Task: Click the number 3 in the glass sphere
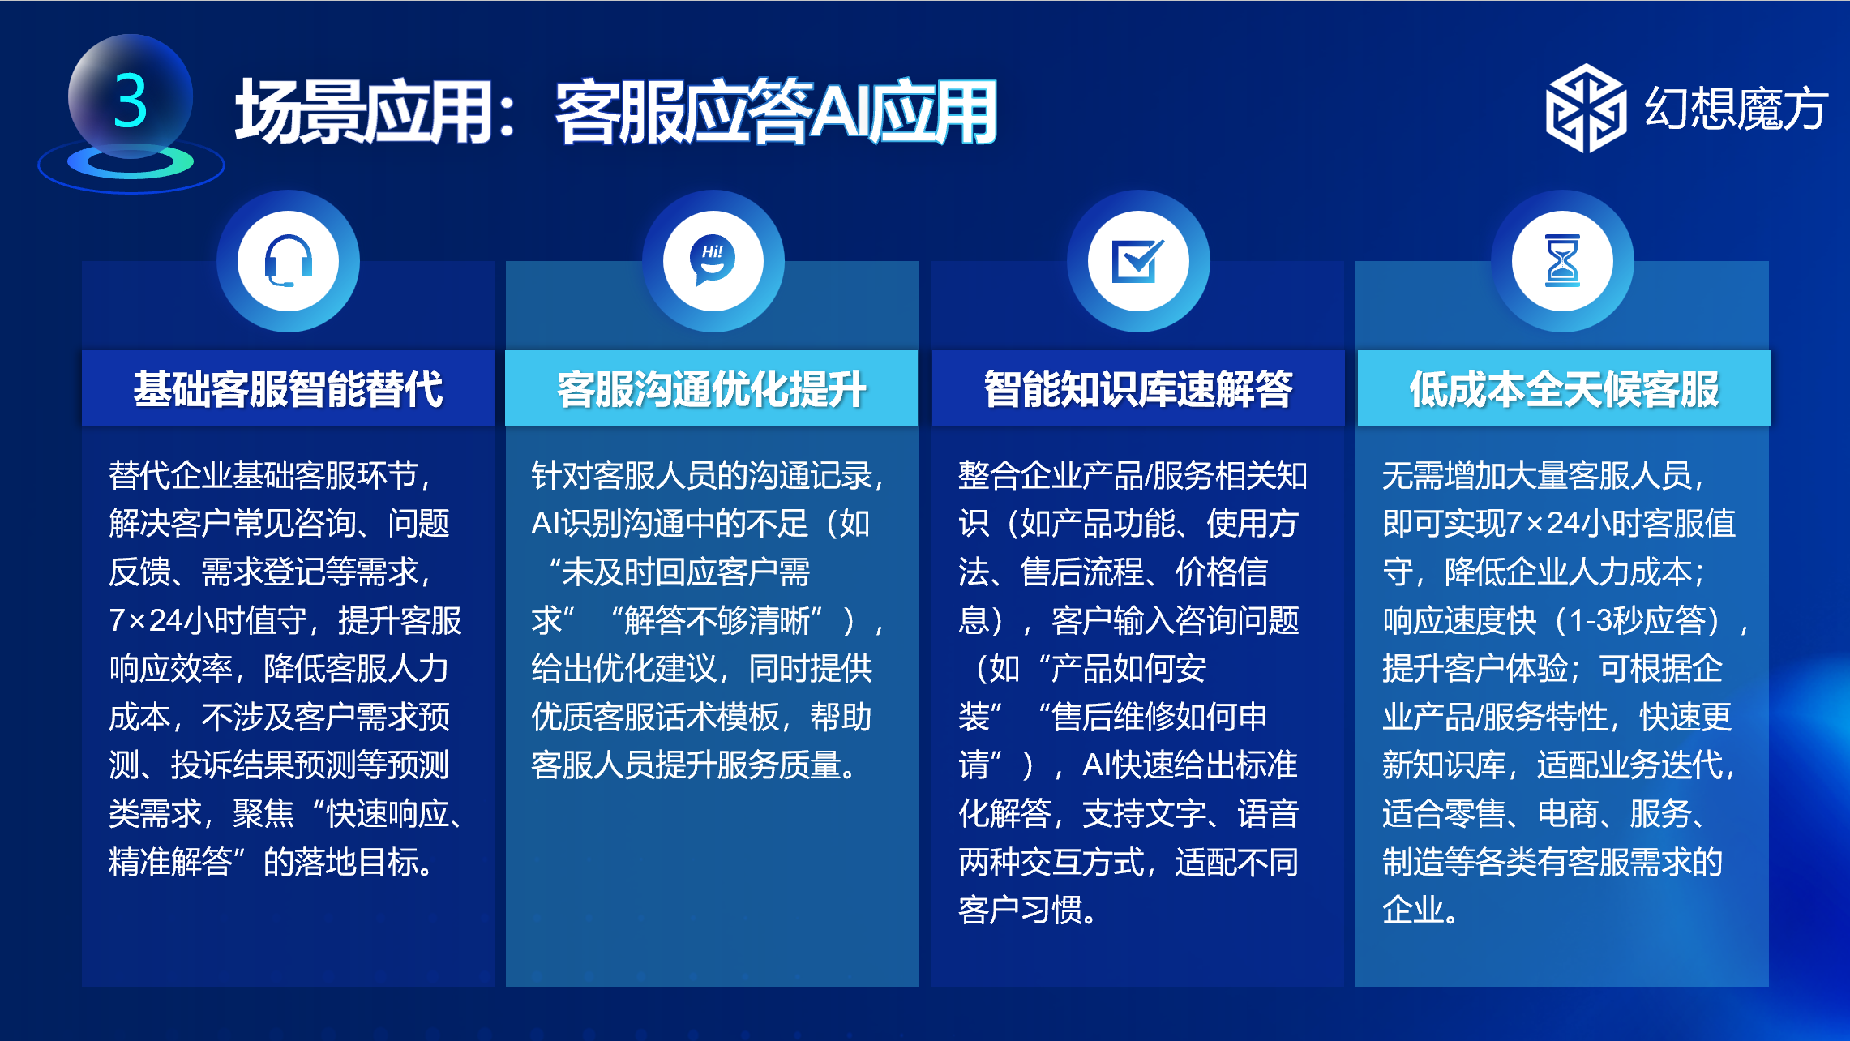click(x=131, y=101)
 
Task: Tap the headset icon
click(x=288, y=261)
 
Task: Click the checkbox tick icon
click(x=1138, y=260)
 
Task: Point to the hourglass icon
click(x=1562, y=261)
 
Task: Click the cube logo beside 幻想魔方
click(x=1586, y=109)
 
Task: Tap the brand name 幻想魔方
click(x=1736, y=109)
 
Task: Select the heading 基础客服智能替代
click(x=288, y=388)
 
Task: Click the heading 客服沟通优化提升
click(x=712, y=388)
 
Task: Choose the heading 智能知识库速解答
click(x=1138, y=388)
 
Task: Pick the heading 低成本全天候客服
click(x=1564, y=388)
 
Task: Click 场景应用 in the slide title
click(x=362, y=111)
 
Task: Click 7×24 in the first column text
click(x=146, y=620)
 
